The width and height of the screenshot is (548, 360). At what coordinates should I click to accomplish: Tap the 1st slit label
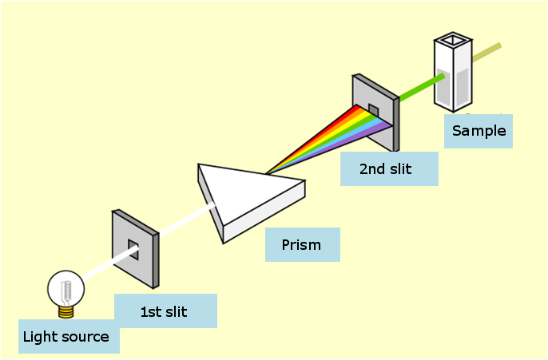coord(165,311)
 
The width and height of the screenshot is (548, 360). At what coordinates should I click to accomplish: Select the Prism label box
coord(302,245)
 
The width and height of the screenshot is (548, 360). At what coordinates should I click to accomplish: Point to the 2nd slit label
coord(388,169)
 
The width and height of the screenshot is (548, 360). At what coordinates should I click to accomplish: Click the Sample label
coord(479,131)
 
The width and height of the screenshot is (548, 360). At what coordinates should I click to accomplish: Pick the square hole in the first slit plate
coord(134,250)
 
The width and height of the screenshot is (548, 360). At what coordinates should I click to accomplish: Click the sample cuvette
coord(452,76)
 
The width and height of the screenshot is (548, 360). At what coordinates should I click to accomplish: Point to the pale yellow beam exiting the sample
coord(487,52)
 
